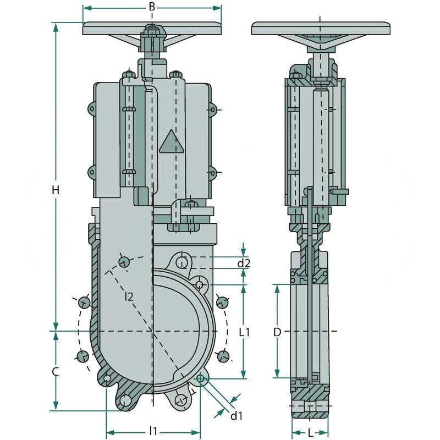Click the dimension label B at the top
coord(152,7)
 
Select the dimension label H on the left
coord(55,190)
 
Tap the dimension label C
coord(55,372)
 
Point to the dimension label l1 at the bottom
coord(153,431)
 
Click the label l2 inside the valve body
coord(129,297)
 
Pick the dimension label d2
coord(244,263)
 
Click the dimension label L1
coord(245,332)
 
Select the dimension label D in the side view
coord(278,332)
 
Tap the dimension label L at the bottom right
coord(311,433)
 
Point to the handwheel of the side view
coord(321,28)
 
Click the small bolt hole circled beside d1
coord(201,378)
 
